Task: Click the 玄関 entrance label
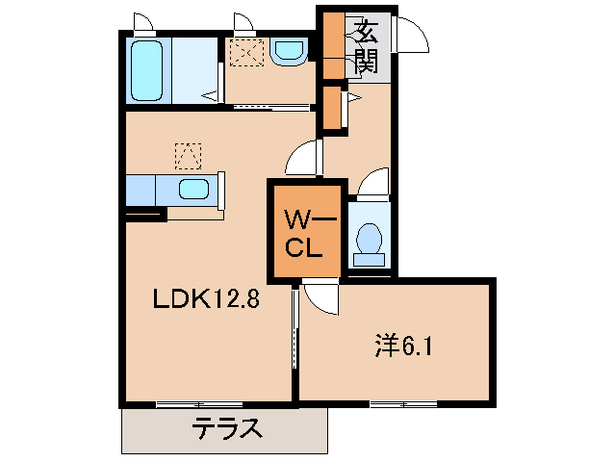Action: [367, 47]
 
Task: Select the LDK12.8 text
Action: [206, 299]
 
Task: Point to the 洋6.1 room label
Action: [402, 344]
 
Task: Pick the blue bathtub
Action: [148, 72]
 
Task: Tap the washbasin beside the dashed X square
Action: [287, 52]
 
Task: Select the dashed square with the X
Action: [246, 52]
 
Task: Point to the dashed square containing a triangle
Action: [189, 154]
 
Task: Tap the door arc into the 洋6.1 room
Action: [320, 299]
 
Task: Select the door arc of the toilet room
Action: [372, 183]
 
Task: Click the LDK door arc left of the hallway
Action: [304, 157]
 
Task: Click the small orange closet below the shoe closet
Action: [333, 109]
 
